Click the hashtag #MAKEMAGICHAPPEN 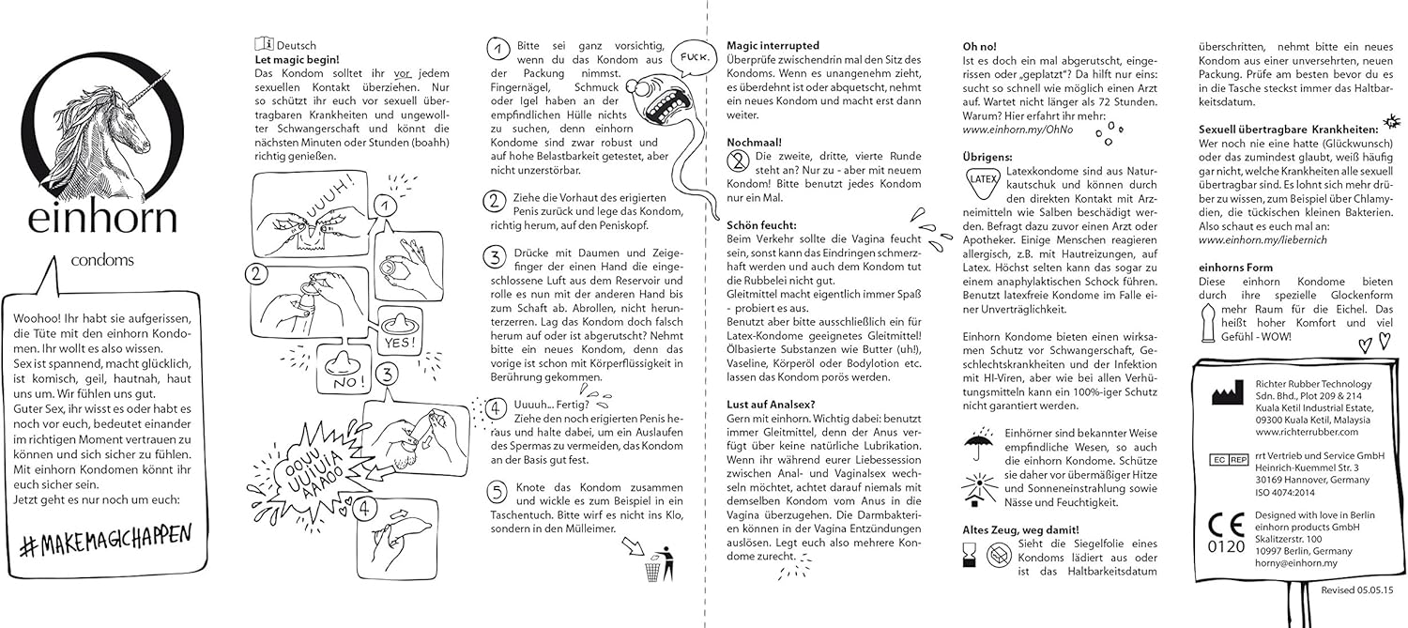104,537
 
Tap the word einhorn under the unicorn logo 102,219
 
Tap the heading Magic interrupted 773,45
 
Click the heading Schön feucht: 763,226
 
